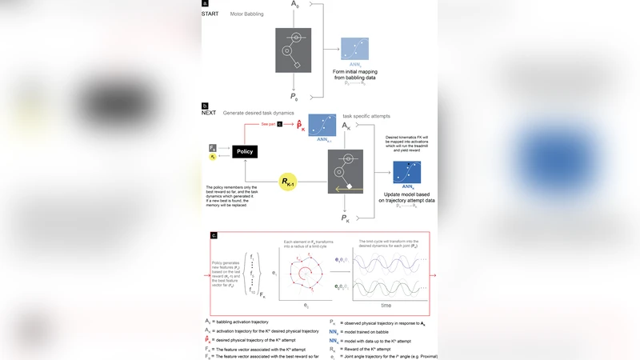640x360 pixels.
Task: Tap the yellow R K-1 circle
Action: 287,183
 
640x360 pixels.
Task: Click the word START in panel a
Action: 210,14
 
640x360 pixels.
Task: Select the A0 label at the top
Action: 295,5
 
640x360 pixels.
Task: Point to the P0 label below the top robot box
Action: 294,97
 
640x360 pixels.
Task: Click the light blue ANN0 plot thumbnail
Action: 354,50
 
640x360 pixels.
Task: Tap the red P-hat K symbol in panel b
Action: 300,126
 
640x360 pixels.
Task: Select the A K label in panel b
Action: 346,126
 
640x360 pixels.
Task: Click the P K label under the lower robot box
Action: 346,218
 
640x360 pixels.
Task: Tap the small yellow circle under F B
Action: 213,158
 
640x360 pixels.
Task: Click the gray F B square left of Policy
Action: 213,148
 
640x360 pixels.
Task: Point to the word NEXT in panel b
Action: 210,113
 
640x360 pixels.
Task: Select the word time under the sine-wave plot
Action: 386,306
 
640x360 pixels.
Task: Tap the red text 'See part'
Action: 269,125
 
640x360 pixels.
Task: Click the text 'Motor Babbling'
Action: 247,14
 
